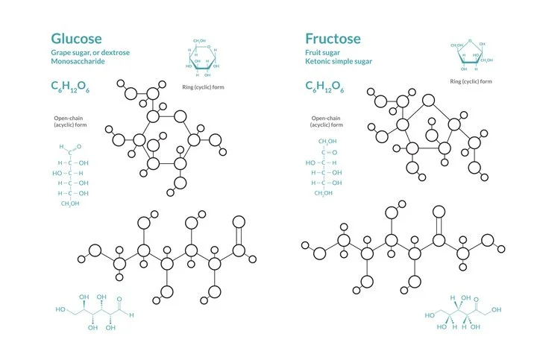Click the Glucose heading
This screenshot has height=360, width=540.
click(x=76, y=38)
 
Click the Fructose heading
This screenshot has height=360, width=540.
click(x=333, y=38)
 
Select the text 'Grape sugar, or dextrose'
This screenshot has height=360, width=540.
click(x=87, y=54)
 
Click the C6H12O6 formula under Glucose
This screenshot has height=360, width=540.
click(x=70, y=87)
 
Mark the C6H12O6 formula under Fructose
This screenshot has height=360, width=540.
click(x=325, y=87)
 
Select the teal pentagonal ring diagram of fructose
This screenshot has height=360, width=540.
click(x=468, y=57)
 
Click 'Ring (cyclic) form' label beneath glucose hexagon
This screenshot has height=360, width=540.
click(x=203, y=87)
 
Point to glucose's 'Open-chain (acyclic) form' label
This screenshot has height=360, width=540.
click(x=70, y=121)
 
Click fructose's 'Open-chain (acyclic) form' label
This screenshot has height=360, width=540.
click(x=327, y=121)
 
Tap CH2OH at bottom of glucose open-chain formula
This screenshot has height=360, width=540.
click(x=70, y=203)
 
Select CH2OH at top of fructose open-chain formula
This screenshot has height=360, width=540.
click(x=327, y=141)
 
